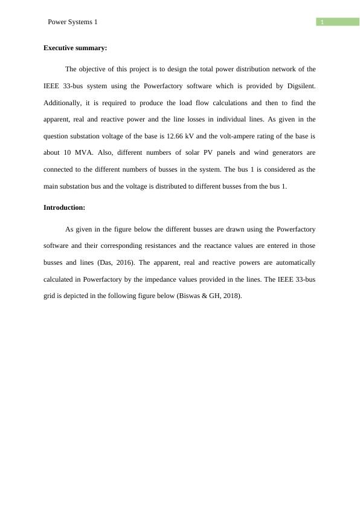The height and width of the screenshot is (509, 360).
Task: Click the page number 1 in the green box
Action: [x=323, y=22]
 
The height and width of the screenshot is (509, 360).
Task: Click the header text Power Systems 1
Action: [x=72, y=22]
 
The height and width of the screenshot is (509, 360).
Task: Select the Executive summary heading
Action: [x=75, y=48]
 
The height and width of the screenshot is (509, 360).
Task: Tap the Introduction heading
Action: [x=64, y=207]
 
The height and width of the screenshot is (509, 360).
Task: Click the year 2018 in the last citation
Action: [x=230, y=296]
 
